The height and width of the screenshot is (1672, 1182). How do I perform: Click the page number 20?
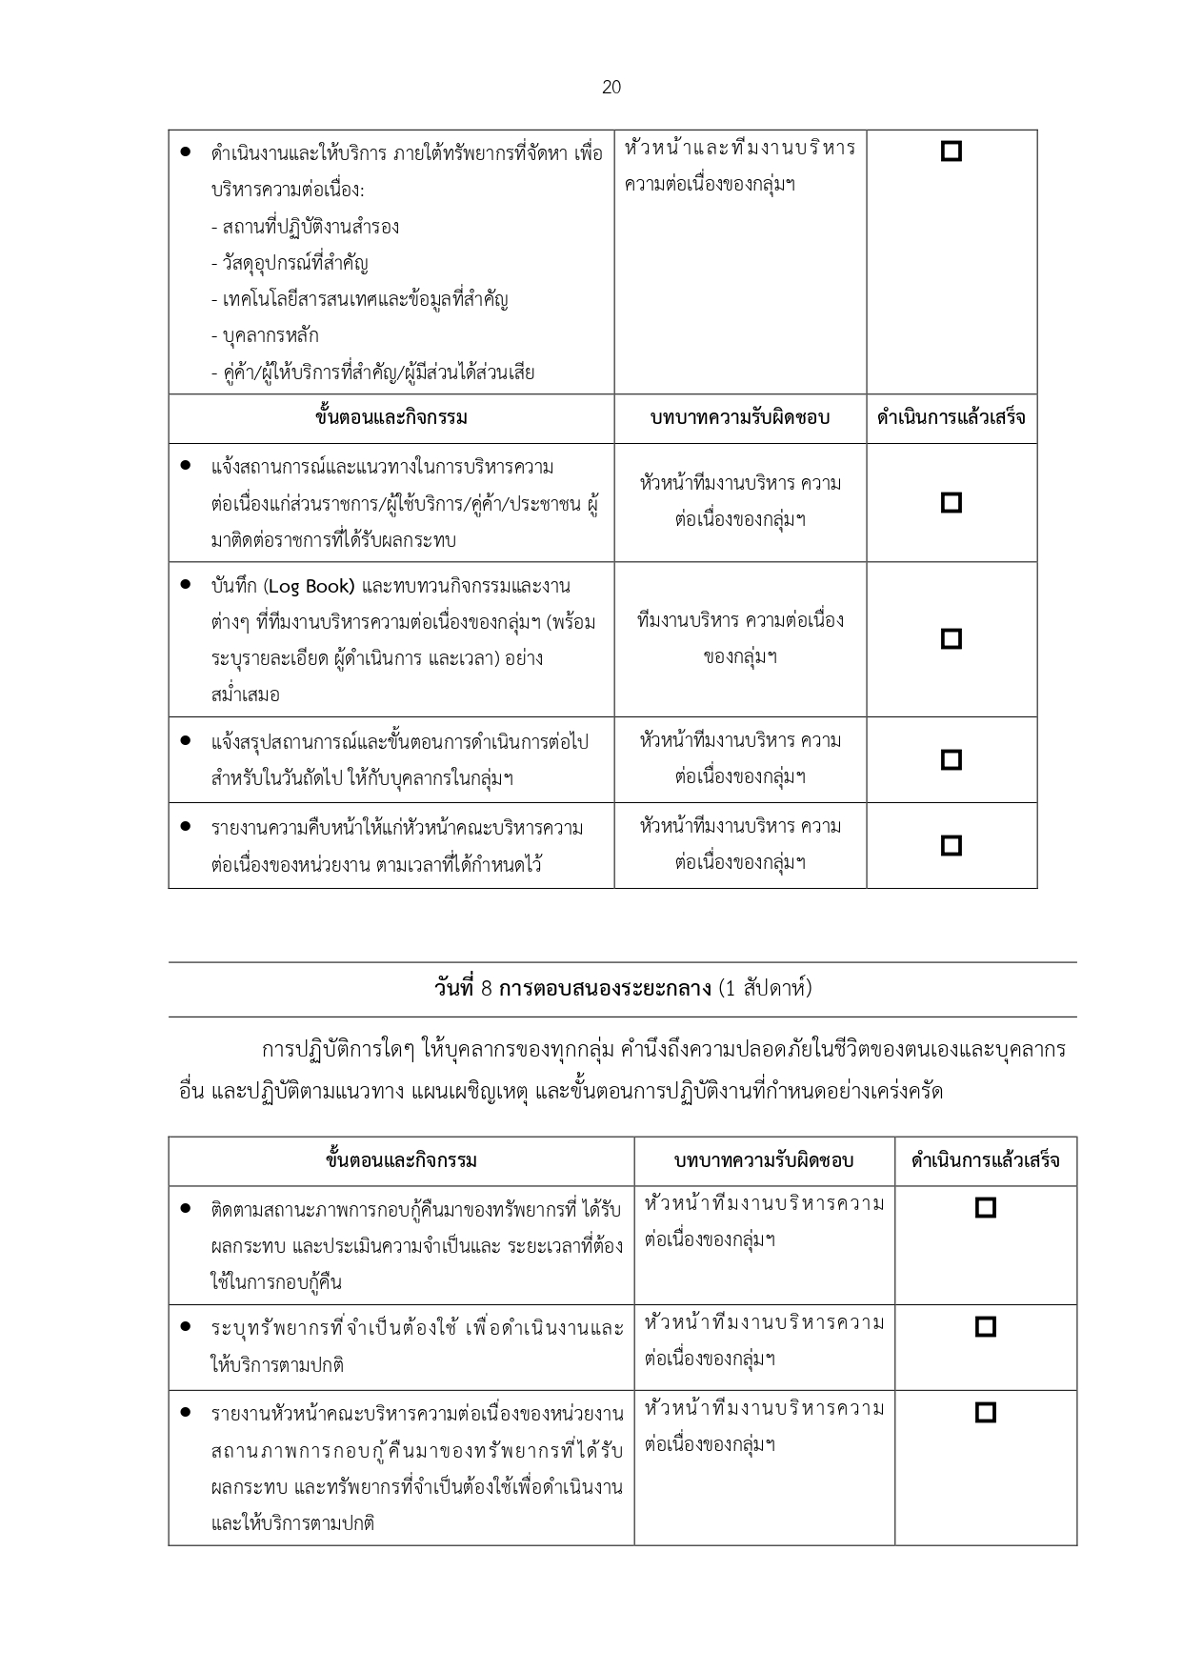click(611, 88)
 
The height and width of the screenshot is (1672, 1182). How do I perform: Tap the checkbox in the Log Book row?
click(951, 638)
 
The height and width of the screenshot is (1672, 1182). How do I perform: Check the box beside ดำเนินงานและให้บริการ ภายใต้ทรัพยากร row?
click(951, 151)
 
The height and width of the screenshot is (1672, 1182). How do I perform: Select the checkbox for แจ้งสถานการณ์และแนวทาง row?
click(951, 502)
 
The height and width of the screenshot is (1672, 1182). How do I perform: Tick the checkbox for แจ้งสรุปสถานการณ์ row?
click(951, 759)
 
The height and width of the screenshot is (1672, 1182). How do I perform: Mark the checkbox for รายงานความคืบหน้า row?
click(951, 845)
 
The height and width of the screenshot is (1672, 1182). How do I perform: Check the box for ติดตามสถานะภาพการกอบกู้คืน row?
click(986, 1208)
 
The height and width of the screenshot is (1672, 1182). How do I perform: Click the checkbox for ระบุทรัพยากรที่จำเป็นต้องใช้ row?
click(986, 1326)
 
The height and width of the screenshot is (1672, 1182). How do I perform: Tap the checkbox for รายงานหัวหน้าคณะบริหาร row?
click(986, 1412)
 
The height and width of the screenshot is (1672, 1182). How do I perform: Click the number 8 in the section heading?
click(486, 989)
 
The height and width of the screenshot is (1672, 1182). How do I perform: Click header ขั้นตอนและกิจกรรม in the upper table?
click(391, 417)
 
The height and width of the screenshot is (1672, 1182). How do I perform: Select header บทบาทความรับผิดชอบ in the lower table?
click(764, 1160)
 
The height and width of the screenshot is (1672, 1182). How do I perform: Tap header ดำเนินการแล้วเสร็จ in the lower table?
click(985, 1160)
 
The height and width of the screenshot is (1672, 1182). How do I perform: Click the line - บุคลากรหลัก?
click(265, 335)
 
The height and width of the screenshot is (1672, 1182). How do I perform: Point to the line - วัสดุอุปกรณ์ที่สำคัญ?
click(290, 263)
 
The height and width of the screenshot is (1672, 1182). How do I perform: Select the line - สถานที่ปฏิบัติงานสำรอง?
click(305, 227)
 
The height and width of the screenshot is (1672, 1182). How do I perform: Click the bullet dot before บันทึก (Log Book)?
click(186, 584)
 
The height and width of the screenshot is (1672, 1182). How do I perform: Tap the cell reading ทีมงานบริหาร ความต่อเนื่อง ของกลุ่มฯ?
click(740, 638)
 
